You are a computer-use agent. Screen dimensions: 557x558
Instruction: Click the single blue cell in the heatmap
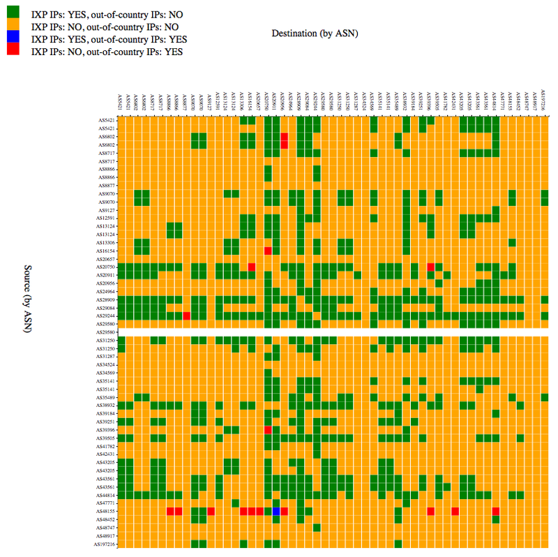pos(276,512)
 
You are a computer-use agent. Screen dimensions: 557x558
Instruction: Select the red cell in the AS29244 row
pos(187,316)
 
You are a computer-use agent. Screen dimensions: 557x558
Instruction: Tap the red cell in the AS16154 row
pos(268,251)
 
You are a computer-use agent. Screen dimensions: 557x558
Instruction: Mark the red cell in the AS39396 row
pos(268,429)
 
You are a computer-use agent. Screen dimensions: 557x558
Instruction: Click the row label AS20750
pos(107,267)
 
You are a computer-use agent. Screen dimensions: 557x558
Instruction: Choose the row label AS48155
pos(107,512)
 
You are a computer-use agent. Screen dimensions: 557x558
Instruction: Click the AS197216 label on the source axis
pos(105,544)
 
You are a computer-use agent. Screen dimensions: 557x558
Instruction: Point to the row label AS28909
pos(107,299)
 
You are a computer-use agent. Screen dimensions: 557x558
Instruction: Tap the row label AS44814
pos(107,495)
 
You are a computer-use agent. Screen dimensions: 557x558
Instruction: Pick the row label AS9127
pos(108,210)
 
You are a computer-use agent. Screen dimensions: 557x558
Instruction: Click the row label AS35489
pos(107,397)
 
